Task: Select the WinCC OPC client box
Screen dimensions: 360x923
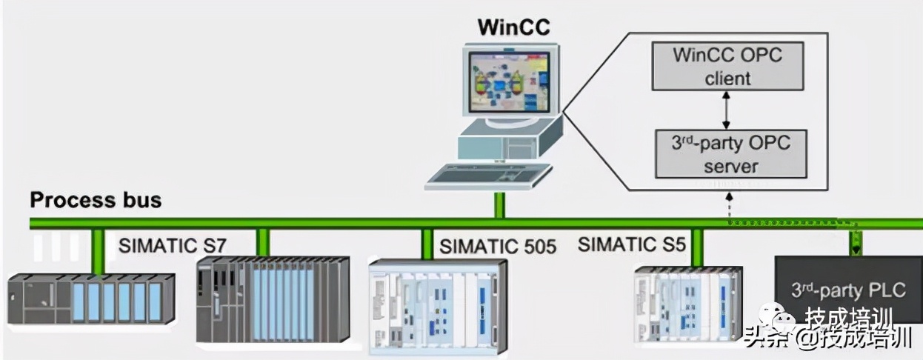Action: point(727,66)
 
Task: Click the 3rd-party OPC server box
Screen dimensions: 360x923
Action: point(730,153)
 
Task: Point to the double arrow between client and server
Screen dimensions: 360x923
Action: point(728,110)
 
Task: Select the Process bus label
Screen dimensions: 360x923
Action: point(96,200)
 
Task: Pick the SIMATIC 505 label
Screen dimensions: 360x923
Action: point(497,246)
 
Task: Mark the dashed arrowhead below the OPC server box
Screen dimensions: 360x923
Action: point(730,197)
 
